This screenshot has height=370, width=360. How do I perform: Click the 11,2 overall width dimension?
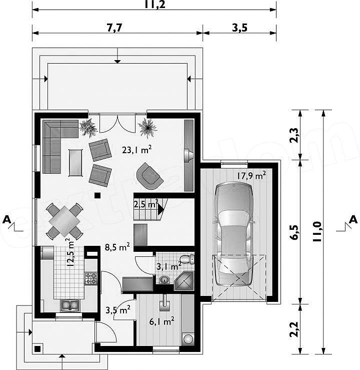point(154,4)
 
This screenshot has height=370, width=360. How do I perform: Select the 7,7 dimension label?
point(114,28)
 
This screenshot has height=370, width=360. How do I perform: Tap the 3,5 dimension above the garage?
point(240,28)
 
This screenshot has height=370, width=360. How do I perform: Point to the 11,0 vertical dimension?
point(317,231)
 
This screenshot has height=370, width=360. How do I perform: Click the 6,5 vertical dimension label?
point(294,232)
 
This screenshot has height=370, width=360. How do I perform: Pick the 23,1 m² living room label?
point(136,150)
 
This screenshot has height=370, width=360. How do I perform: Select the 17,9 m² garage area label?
point(251,175)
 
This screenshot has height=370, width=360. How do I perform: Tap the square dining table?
point(64,221)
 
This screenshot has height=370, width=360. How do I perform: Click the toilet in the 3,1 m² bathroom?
point(187,259)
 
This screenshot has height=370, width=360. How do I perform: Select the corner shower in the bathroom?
point(184,281)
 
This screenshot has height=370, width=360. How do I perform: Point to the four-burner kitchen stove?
point(91,278)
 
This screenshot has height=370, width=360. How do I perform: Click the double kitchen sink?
point(70,305)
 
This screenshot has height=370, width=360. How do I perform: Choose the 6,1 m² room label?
point(162,321)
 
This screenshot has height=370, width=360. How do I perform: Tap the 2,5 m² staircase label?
point(146,204)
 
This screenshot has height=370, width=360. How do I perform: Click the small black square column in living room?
point(97,195)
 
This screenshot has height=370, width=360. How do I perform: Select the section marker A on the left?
point(7,220)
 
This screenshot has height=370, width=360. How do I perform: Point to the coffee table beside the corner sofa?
point(75,163)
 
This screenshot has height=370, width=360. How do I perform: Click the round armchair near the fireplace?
point(150,176)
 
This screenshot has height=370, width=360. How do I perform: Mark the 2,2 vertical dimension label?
point(294,329)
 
